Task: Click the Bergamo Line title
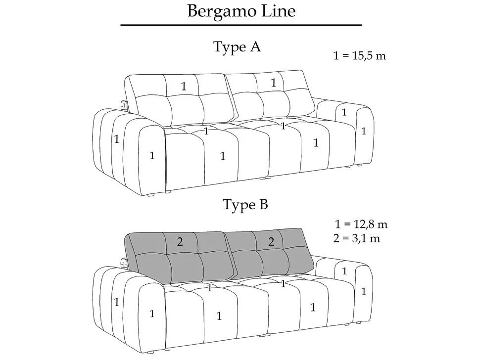point(241,11)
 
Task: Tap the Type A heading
point(237,47)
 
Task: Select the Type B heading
point(245,204)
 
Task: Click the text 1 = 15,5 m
point(360,56)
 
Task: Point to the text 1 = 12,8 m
point(361,224)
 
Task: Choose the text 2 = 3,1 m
point(357,238)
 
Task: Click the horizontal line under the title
point(241,25)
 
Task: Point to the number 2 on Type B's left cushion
point(180,242)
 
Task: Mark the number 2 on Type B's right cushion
point(271,242)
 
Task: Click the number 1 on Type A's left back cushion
point(184,86)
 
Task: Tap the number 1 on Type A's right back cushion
point(273,83)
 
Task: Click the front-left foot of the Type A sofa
point(151,195)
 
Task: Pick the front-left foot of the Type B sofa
point(150,353)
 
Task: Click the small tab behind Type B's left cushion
point(123,264)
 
